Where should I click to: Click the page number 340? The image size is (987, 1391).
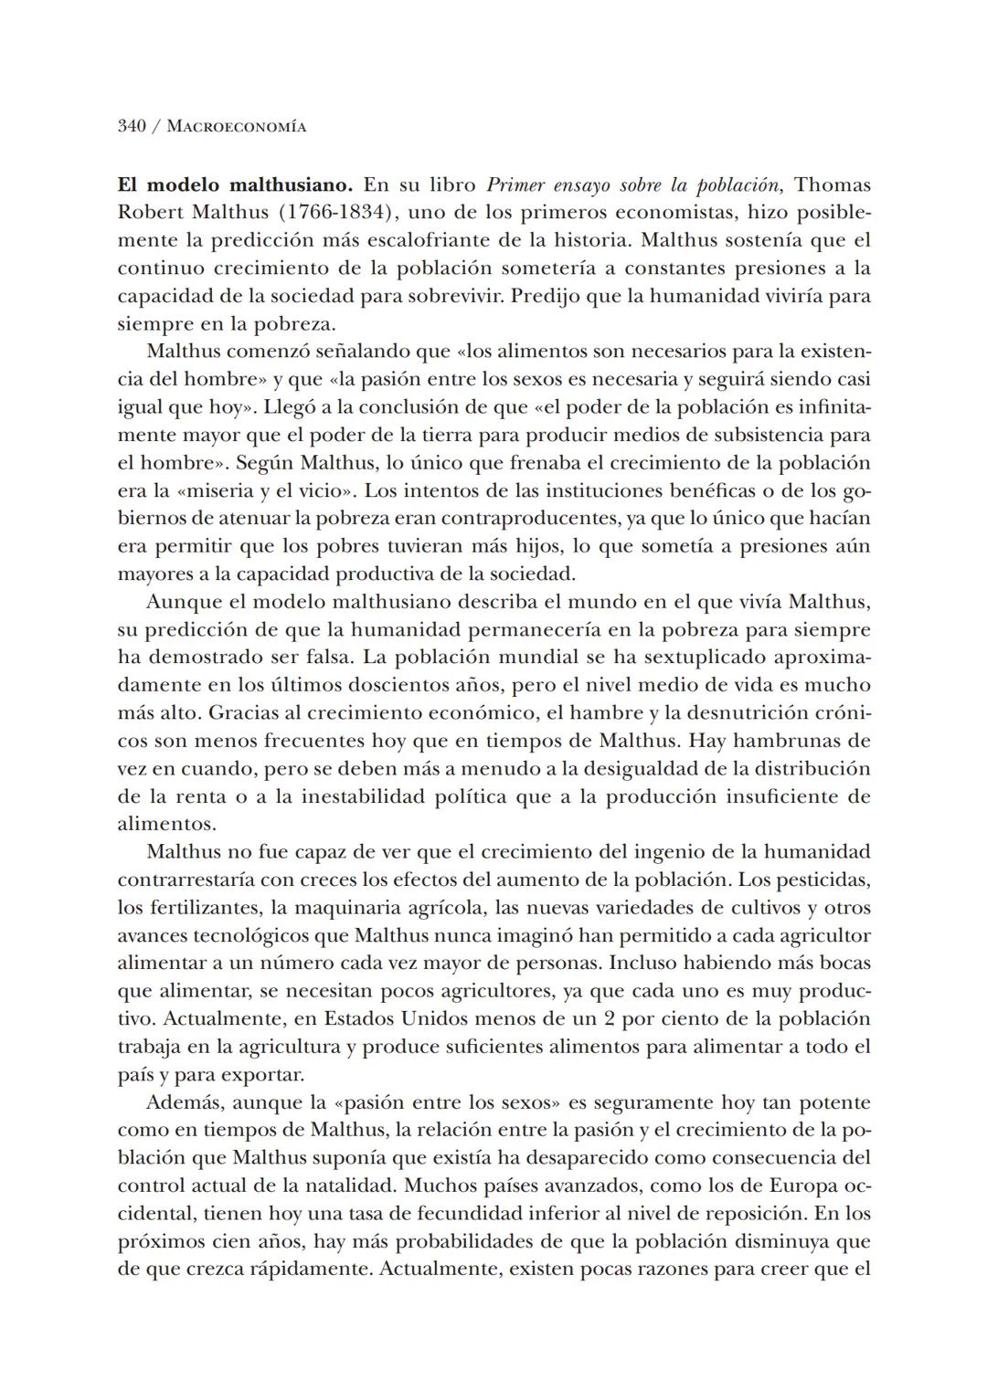pos(132,126)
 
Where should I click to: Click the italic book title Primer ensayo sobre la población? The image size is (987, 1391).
pos(633,184)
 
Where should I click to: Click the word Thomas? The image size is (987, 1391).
pos(833,184)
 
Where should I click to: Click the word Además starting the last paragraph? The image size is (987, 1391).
pos(183,1102)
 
